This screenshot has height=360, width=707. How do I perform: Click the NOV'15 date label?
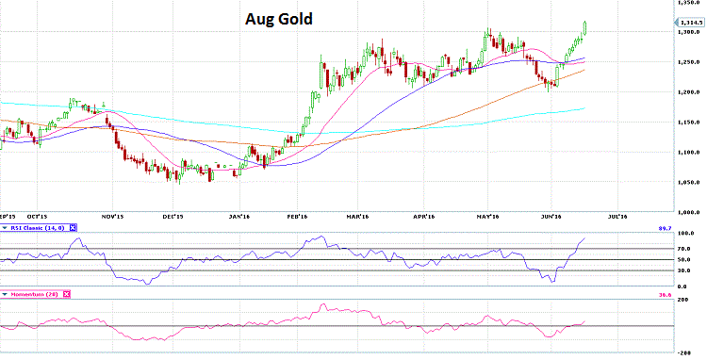coord(113,216)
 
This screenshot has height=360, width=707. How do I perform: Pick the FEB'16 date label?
coord(298,216)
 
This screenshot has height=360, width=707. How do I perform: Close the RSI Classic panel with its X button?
coord(74,227)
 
